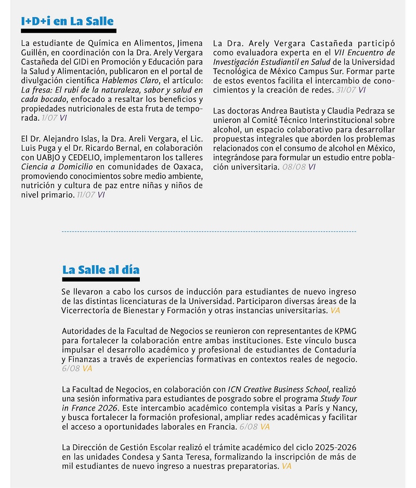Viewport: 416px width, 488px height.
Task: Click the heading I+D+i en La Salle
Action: [67, 21]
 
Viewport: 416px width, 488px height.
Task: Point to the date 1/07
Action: [49, 118]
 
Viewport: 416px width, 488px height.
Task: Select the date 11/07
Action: [85, 195]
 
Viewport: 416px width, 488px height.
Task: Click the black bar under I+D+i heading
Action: [68, 31]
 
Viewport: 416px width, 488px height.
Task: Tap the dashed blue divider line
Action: [209, 231]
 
